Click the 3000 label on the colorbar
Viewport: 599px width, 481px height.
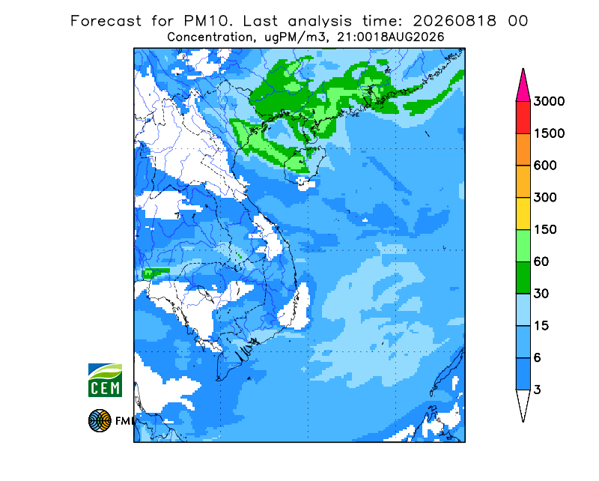[x=549, y=101]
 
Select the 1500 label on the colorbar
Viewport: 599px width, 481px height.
[x=549, y=133]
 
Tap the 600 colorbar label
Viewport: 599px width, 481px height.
[x=545, y=166]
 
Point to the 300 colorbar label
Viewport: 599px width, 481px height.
[x=545, y=198]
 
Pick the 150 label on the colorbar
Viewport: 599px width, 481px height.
[x=545, y=230]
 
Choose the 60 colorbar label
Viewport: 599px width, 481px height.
[x=541, y=262]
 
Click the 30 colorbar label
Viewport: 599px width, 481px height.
[x=541, y=294]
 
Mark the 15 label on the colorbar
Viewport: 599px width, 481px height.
[x=541, y=326]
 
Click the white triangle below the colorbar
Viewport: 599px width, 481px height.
[x=523, y=402]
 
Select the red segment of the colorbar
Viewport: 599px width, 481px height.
[x=523, y=118]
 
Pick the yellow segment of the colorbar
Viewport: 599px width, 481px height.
[x=523, y=214]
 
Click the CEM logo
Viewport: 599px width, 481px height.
[x=105, y=380]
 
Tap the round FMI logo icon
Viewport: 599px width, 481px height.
[x=100, y=420]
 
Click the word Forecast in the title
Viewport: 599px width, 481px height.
[x=106, y=21]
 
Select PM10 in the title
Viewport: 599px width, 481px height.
[x=208, y=21]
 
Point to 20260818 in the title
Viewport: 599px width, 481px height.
[x=454, y=21]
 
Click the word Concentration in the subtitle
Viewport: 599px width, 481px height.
[x=210, y=37]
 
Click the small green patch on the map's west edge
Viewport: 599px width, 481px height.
[x=155, y=273]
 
